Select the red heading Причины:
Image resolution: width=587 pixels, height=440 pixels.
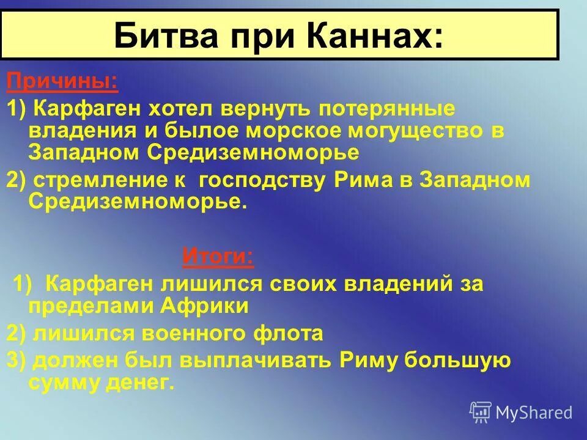pos(62,81)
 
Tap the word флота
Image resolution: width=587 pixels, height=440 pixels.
pos(287,333)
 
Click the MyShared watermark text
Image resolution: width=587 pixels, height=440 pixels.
pos(533,413)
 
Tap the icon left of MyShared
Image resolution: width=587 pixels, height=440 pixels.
pos(480,413)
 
